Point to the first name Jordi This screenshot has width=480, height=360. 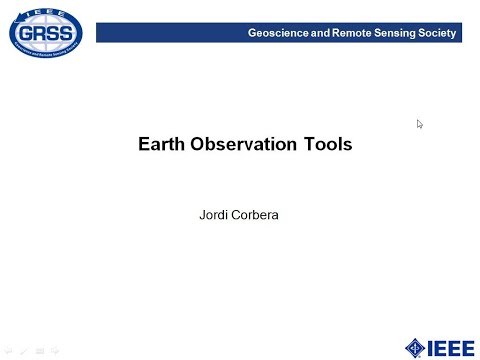pyautogui.click(x=217, y=214)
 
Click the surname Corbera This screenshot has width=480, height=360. pyautogui.click(x=257, y=214)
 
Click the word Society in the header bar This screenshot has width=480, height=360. pyautogui.click(x=440, y=34)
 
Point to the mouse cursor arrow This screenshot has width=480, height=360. pyautogui.click(x=420, y=124)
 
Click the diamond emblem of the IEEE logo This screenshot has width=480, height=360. pyautogui.click(x=415, y=346)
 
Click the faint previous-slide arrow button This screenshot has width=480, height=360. pyautogui.click(x=9, y=351)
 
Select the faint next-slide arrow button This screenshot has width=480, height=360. pyautogui.click(x=56, y=351)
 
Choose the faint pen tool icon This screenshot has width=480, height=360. pyautogui.click(x=24, y=351)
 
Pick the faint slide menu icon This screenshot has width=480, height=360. pyautogui.click(x=40, y=351)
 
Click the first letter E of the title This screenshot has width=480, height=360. pyautogui.click(x=143, y=144)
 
